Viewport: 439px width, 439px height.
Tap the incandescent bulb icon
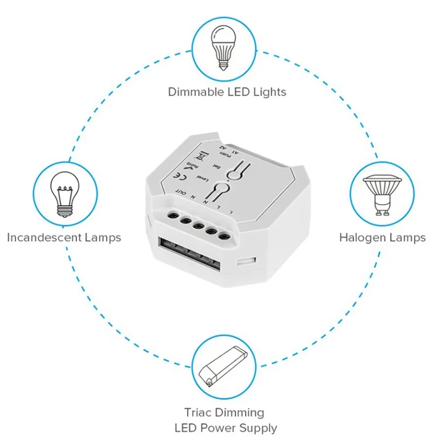tap(63, 192)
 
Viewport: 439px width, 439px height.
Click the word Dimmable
tap(195, 92)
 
